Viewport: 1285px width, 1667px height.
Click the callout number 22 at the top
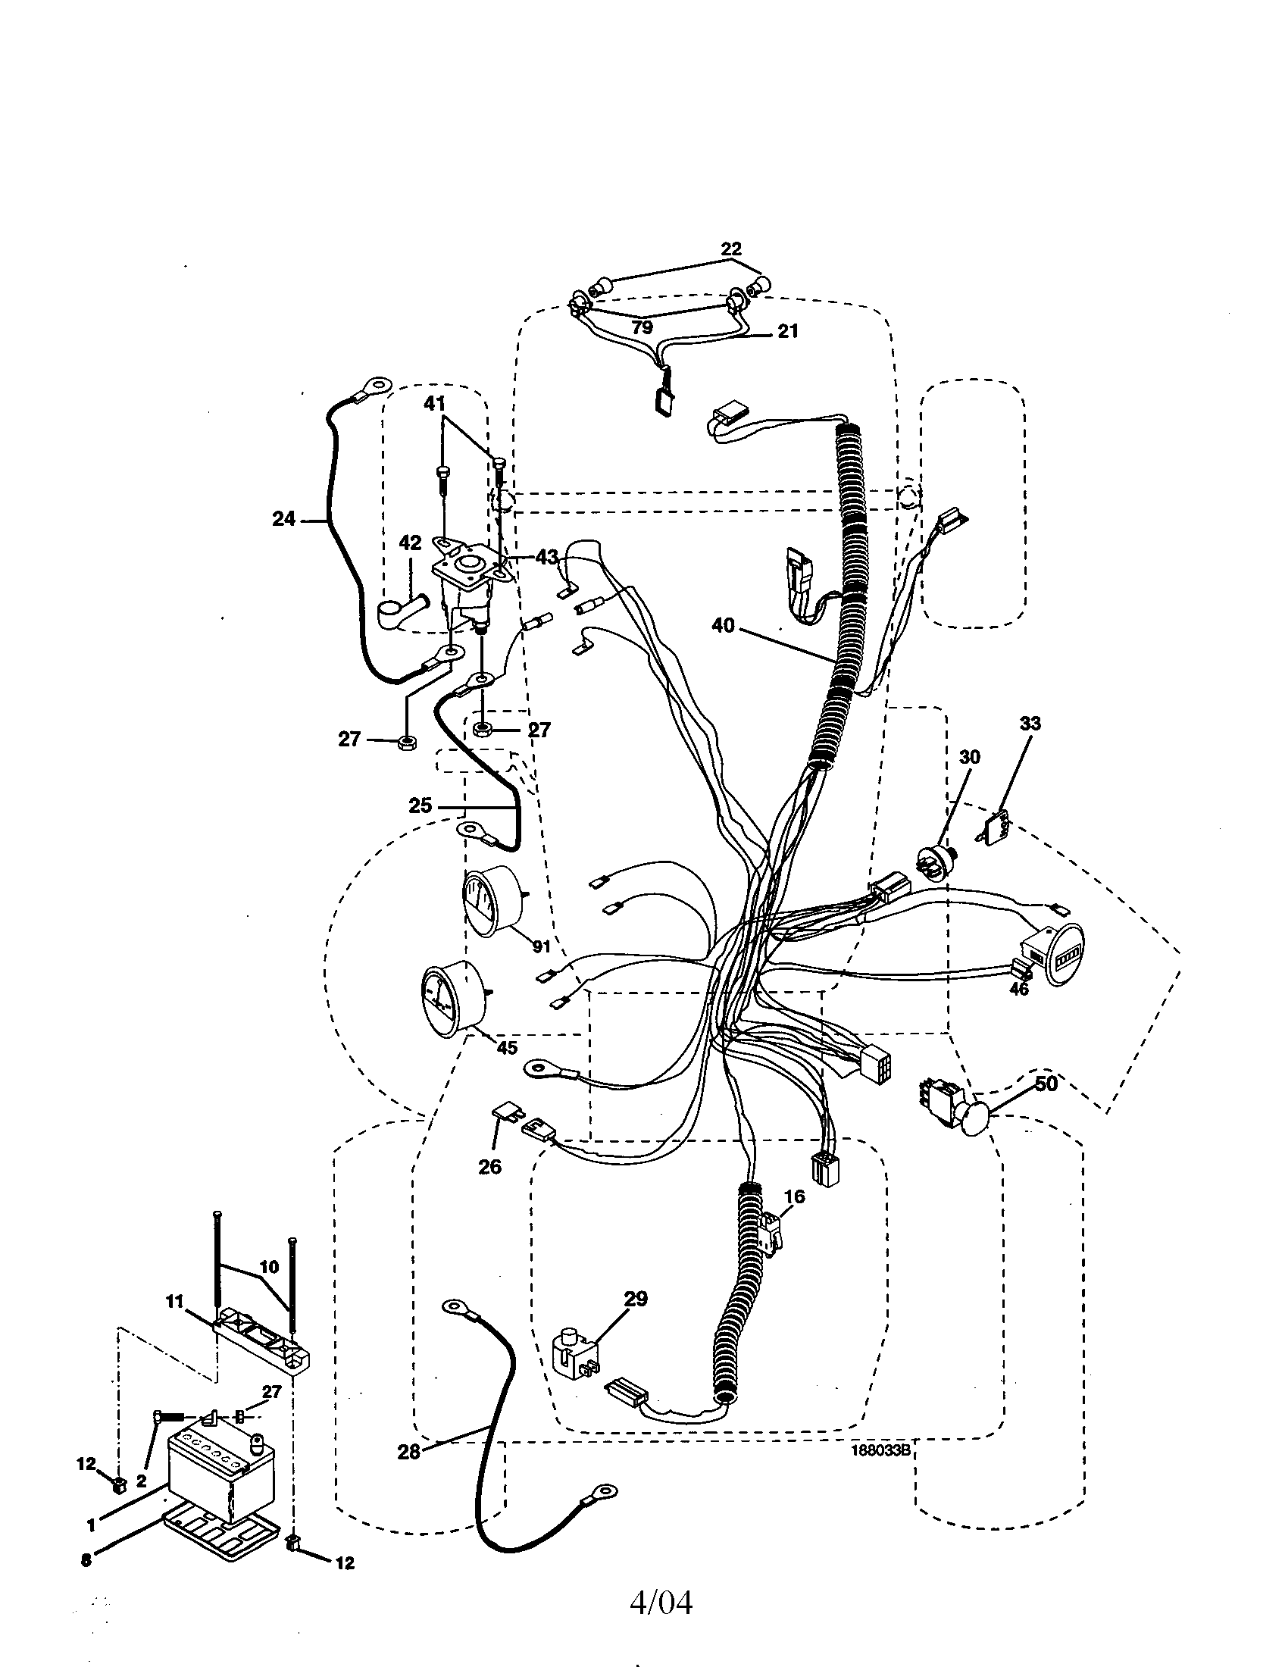pos(730,249)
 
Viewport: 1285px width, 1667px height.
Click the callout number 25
pos(420,806)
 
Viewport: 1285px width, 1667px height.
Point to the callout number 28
pos(409,1452)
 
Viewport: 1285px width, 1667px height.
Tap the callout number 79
pos(642,328)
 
